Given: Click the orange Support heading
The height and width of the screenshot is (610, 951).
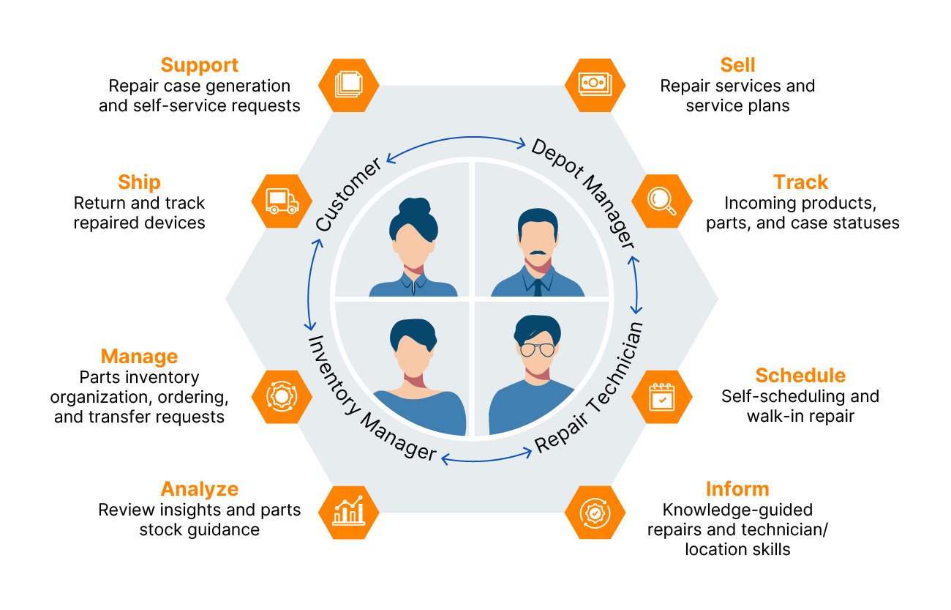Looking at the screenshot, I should click(x=199, y=65).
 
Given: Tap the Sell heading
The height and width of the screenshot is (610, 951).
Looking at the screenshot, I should click(x=737, y=65).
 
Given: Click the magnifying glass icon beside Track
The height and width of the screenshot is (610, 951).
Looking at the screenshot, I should click(x=661, y=201).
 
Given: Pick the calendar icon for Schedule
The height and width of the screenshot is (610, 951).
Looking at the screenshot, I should click(x=661, y=396).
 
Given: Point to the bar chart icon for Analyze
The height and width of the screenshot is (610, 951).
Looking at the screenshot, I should click(x=349, y=510).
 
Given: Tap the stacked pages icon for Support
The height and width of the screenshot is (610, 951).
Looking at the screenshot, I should click(x=349, y=83).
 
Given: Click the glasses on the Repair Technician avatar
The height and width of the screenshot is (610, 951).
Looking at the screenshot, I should click(x=538, y=349).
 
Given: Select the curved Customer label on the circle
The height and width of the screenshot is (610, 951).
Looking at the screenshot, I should click(x=349, y=194).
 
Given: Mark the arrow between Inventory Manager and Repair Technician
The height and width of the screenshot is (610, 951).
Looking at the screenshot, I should click(x=486, y=458).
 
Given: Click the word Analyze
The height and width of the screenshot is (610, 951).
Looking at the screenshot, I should click(x=199, y=488).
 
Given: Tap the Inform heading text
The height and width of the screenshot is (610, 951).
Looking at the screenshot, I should click(x=737, y=488).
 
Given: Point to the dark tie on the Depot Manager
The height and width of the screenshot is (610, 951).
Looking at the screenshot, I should click(x=538, y=287).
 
